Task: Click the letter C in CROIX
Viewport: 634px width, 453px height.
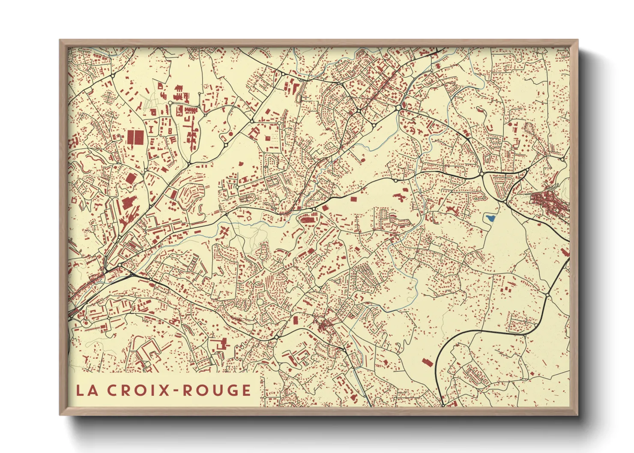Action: pyautogui.click(x=113, y=390)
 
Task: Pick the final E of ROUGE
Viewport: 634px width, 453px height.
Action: pyautogui.click(x=246, y=390)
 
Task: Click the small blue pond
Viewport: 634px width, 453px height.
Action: pyautogui.click(x=490, y=218)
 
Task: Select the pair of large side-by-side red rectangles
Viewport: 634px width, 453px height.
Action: pyautogui.click(x=135, y=138)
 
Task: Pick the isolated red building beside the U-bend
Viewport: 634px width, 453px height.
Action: pyautogui.click(x=427, y=362)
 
